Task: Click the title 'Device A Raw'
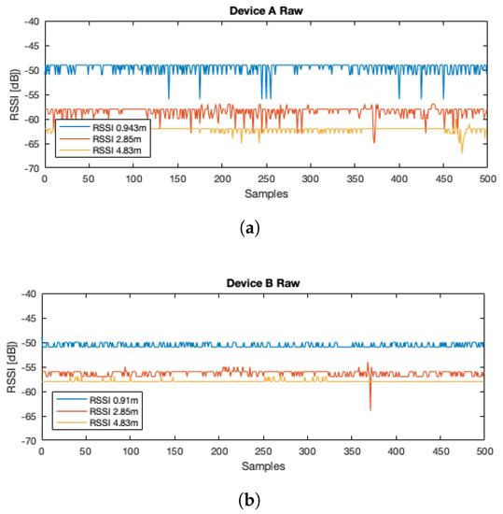coord(265,10)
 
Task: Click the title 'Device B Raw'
coord(265,282)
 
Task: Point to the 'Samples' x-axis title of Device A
coord(265,194)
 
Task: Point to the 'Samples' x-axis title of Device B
coord(265,465)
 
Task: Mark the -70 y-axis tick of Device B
coord(28,440)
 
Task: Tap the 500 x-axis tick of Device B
coord(483,450)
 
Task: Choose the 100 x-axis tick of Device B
coord(130,450)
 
